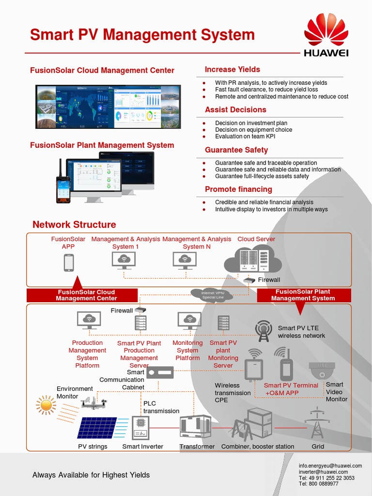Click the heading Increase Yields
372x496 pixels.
click(x=232, y=69)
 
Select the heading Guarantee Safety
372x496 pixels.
click(x=236, y=150)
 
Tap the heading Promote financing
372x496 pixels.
click(x=238, y=189)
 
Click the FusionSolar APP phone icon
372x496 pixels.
click(x=69, y=263)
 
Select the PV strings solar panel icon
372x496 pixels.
click(x=97, y=428)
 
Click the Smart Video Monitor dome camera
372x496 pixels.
click(x=322, y=371)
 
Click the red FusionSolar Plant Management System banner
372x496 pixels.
click(x=303, y=295)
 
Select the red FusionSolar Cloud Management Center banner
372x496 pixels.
click(x=82, y=295)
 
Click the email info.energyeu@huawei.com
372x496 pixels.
click(x=330, y=465)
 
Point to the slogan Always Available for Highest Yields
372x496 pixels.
click(x=91, y=475)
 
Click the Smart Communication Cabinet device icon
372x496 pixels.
click(x=159, y=372)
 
